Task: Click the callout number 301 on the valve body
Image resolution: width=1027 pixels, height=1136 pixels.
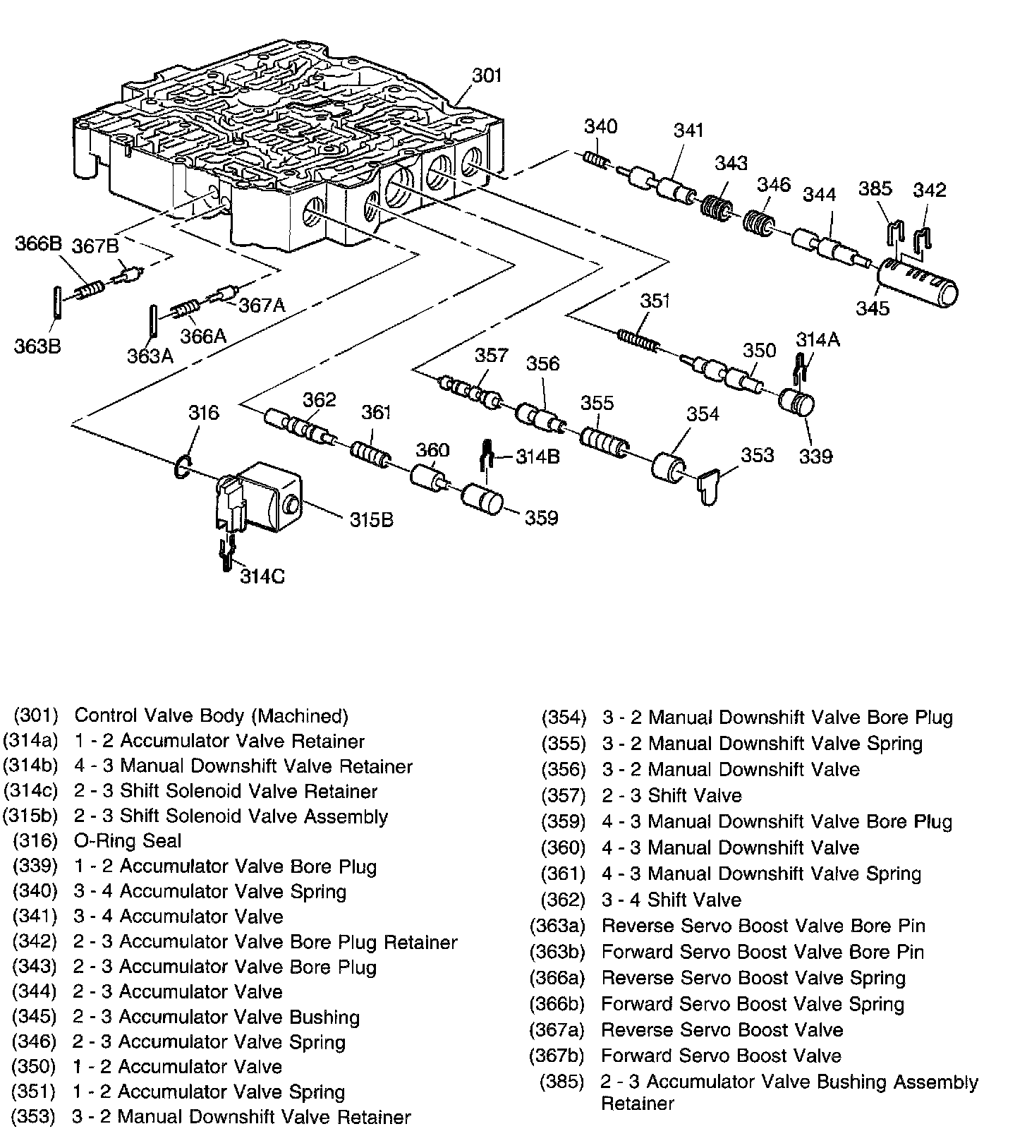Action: tap(486, 75)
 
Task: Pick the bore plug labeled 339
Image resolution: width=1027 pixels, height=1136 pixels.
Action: tap(797, 405)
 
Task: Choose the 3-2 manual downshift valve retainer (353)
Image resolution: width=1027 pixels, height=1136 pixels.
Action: tap(710, 486)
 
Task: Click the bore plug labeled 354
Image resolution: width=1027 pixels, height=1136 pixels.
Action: tap(669, 468)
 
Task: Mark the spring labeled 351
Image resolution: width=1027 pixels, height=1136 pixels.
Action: tap(639, 338)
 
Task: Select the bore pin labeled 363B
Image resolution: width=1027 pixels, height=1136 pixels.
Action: tap(58, 304)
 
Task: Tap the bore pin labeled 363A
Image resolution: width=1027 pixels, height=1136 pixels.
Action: tap(152, 320)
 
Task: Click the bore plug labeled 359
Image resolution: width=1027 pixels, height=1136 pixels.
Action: tap(482, 500)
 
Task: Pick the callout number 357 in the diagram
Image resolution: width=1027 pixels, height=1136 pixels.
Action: tap(491, 355)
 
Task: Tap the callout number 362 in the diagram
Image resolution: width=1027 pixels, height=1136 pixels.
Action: tap(320, 400)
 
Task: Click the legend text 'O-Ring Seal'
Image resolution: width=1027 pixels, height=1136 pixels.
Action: tap(128, 840)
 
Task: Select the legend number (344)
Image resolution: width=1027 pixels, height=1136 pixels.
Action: tap(34, 991)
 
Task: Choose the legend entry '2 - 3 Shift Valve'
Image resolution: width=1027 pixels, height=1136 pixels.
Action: tap(671, 796)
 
